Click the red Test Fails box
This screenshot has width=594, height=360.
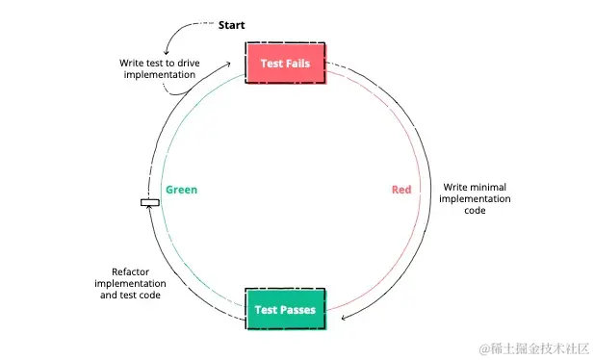tap(285, 64)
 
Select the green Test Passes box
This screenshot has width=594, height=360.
tap(285, 310)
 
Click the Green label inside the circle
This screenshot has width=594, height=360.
tap(181, 190)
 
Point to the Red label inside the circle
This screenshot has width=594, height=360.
tap(401, 190)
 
